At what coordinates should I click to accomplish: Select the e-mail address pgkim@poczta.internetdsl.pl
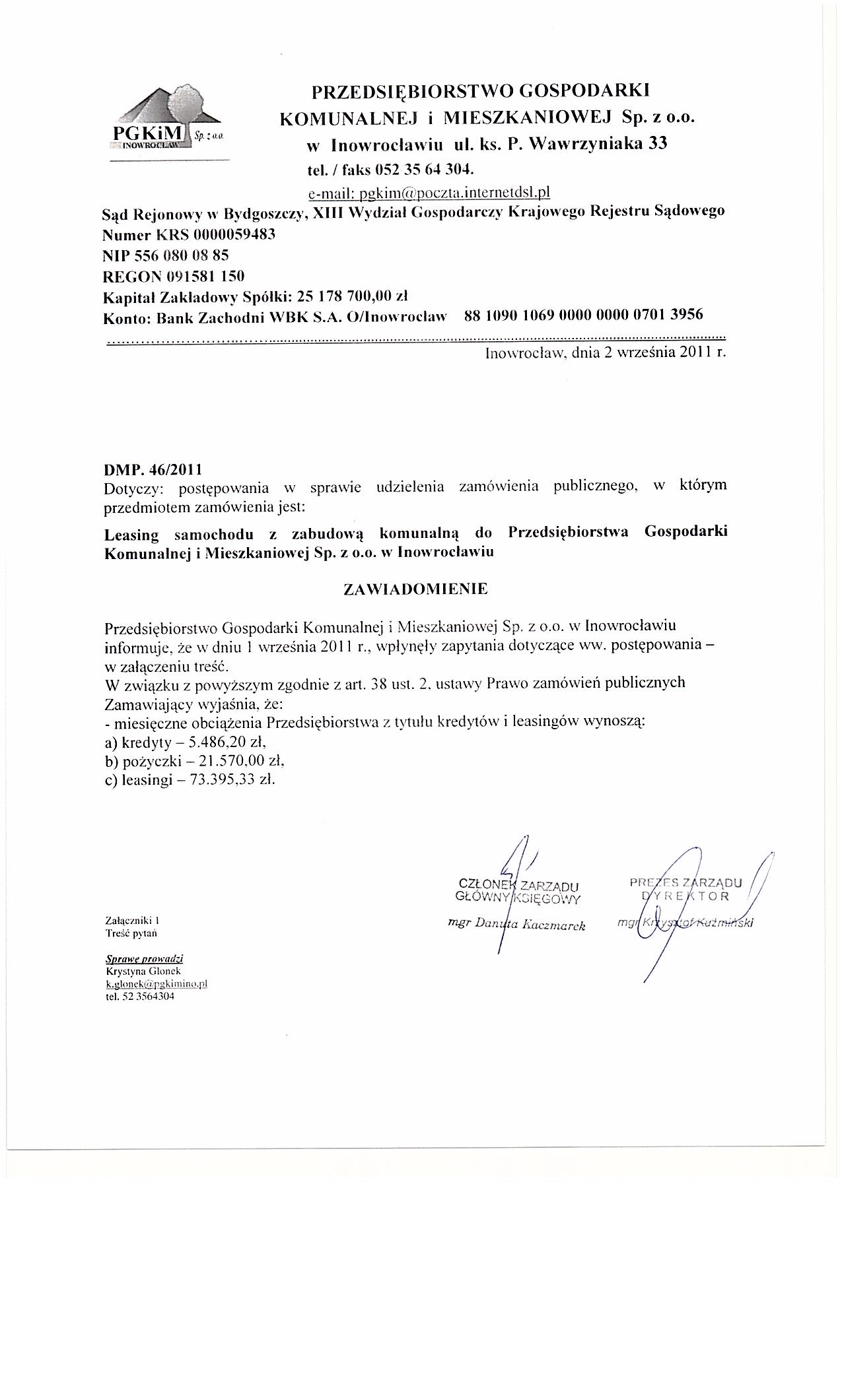tap(429, 192)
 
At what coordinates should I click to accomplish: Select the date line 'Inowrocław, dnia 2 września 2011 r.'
tap(605, 352)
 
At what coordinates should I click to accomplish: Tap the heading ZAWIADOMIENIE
tap(416, 589)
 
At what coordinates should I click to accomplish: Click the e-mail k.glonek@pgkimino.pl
tap(157, 983)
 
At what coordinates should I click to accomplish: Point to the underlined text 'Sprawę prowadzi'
tap(144, 959)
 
